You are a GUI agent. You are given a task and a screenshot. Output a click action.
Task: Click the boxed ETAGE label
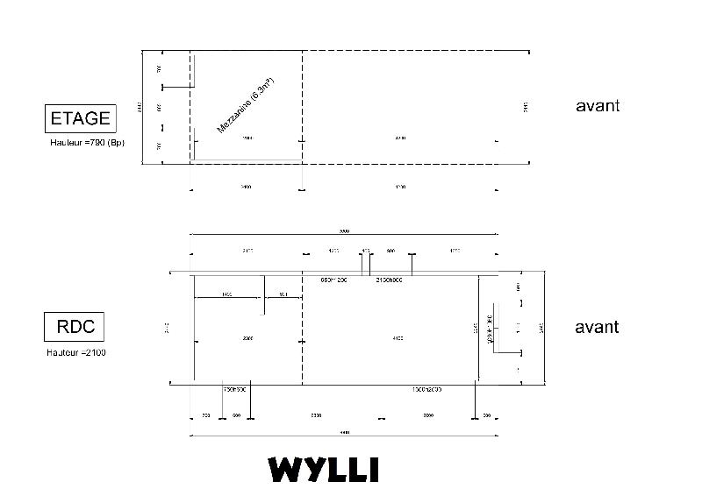(x=80, y=117)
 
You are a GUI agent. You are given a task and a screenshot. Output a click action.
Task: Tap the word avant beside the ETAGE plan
(x=598, y=105)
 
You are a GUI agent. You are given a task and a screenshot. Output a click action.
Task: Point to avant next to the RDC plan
(x=597, y=327)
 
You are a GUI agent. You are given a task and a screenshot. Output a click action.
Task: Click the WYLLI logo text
(x=324, y=469)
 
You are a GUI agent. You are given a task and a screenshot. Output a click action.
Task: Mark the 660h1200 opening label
(x=334, y=280)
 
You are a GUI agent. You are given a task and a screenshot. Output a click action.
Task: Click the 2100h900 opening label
(x=389, y=280)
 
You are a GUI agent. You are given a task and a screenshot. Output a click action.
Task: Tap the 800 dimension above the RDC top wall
(x=390, y=251)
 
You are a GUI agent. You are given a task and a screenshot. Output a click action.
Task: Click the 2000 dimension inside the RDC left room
(x=247, y=337)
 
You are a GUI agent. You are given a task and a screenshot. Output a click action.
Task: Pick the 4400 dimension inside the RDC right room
(x=399, y=337)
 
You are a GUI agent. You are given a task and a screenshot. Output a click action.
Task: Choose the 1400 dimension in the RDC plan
(x=227, y=294)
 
